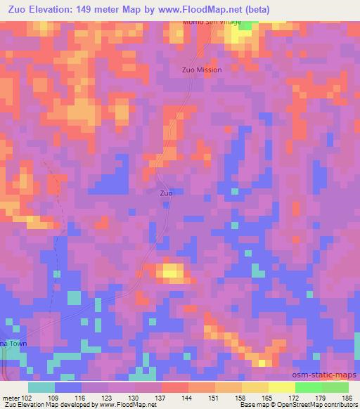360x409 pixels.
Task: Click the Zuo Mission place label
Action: (202, 70)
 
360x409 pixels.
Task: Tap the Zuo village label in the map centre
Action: (166, 193)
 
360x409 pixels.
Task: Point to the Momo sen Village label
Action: (211, 22)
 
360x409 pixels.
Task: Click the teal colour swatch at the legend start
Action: (41, 387)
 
